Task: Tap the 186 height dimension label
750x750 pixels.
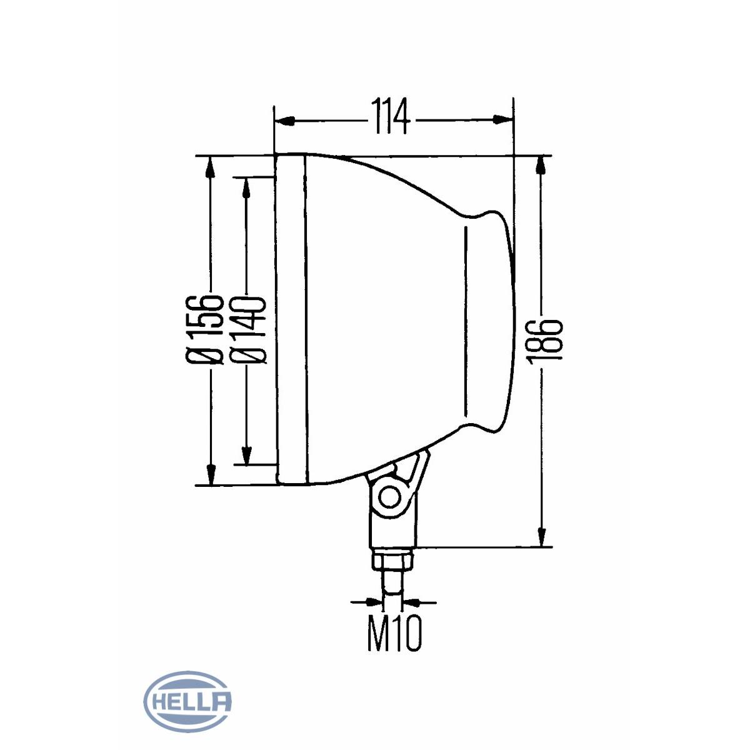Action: (546, 342)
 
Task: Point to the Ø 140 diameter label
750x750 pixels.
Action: (247, 331)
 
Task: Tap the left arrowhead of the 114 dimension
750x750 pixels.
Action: (284, 121)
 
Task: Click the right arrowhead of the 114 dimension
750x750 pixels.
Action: (503, 119)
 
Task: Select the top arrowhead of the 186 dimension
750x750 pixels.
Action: (541, 166)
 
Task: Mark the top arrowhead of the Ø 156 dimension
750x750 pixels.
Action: (210, 167)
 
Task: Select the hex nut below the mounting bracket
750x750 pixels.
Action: (392, 559)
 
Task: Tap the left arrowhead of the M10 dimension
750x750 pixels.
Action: (373, 602)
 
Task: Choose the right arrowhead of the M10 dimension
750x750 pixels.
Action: (411, 602)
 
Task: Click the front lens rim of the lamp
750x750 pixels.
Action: (291, 320)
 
